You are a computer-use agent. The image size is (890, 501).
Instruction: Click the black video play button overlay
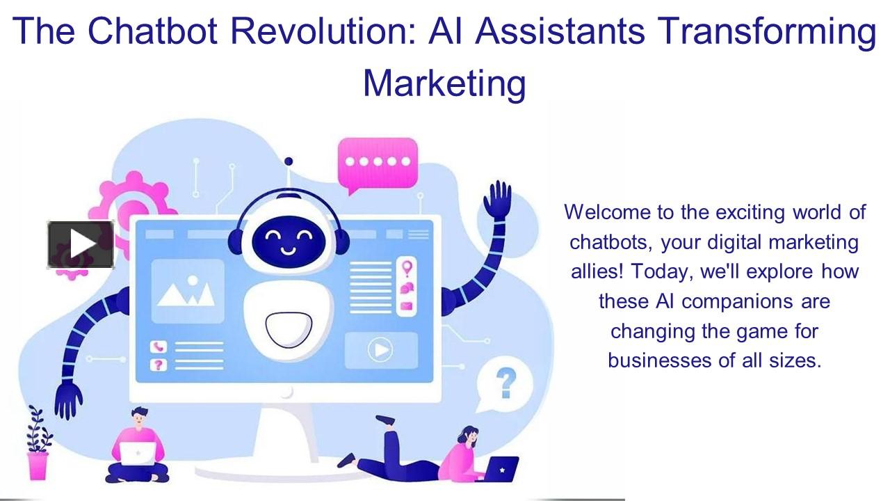pyautogui.click(x=80, y=244)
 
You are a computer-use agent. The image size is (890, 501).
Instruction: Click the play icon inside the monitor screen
pyautogui.click(x=380, y=349)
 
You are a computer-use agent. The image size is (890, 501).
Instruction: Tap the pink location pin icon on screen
pyautogui.click(x=407, y=268)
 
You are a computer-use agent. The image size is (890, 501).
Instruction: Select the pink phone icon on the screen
pyautogui.click(x=160, y=346)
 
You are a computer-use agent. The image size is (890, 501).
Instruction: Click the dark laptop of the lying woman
pyautogui.click(x=500, y=470)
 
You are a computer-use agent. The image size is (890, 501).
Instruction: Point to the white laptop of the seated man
pyautogui.click(x=139, y=454)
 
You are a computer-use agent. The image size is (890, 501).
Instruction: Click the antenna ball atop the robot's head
pyautogui.click(x=289, y=161)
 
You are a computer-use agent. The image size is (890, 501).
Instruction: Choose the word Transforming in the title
pyautogui.click(x=766, y=31)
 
